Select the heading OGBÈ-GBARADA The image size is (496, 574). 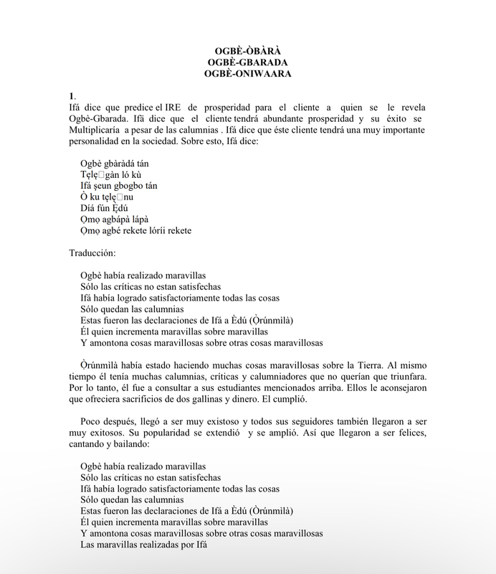click(x=247, y=62)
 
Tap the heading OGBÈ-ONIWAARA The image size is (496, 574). click(x=247, y=73)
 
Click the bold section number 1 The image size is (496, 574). click(x=72, y=95)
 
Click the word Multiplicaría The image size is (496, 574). click(x=95, y=130)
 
